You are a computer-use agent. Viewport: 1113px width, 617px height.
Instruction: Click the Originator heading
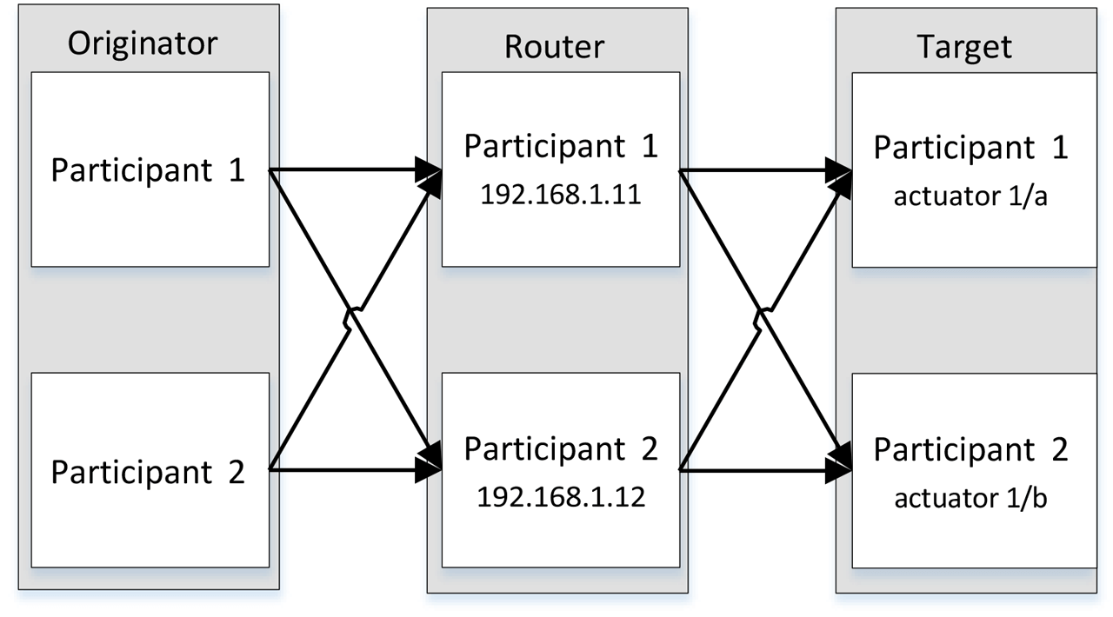[143, 43]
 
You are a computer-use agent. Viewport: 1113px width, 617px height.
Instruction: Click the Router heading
[554, 46]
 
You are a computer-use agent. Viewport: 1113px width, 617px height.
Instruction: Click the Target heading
[964, 46]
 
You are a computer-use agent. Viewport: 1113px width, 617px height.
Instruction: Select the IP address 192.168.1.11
[561, 195]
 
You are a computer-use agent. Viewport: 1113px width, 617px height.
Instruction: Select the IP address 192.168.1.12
[561, 498]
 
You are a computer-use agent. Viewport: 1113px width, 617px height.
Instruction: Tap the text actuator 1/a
[970, 196]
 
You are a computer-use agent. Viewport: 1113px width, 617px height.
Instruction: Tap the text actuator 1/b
[970, 499]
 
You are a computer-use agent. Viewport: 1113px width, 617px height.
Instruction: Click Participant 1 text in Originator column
[149, 170]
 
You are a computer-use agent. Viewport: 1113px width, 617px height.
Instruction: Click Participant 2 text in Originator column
[149, 472]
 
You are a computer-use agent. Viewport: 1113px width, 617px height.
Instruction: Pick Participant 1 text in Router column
[561, 146]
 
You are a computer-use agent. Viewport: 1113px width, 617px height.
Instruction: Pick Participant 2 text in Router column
[561, 448]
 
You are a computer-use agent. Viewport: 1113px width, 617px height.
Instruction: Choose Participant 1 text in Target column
[970, 148]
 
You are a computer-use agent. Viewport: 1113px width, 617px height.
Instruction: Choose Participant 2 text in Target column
[970, 450]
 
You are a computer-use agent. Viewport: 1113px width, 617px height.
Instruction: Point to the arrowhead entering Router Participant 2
[429, 469]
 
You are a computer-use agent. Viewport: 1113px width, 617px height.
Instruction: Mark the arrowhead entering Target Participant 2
[839, 469]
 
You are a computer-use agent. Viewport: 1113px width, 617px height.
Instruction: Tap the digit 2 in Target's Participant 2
[1057, 450]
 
